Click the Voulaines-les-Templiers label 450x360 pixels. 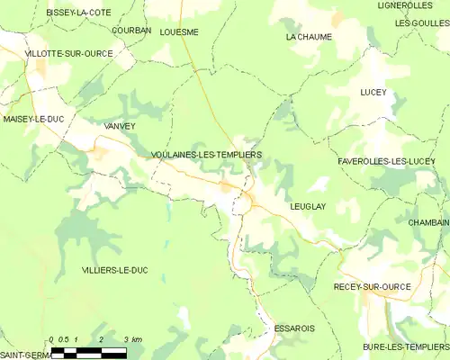pyautogui.click(x=206, y=155)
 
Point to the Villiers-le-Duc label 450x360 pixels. pyautogui.click(x=113, y=270)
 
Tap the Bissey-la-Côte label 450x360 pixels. pyautogui.click(x=78, y=12)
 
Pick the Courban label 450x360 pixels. pyautogui.click(x=131, y=30)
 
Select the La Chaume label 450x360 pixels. pyautogui.click(x=309, y=37)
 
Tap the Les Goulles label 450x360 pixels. pyautogui.click(x=421, y=22)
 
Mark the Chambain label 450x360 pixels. pyautogui.click(x=427, y=222)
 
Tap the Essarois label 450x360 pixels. pyautogui.click(x=294, y=328)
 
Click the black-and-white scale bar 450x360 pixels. pyautogui.click(x=88, y=353)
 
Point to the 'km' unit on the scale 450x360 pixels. pyautogui.click(x=136, y=339)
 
